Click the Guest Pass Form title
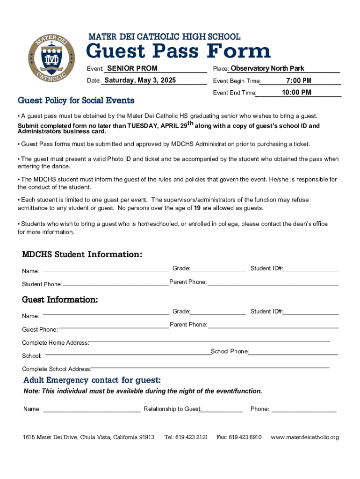click(x=179, y=51)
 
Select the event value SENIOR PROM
click(x=132, y=69)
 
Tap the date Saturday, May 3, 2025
click(x=140, y=80)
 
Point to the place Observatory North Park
click(x=267, y=69)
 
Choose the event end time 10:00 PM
click(x=296, y=93)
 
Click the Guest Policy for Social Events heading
click(x=76, y=101)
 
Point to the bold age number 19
click(x=197, y=208)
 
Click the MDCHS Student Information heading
click(x=82, y=254)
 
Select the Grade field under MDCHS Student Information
click(x=217, y=269)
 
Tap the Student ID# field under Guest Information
click(x=311, y=312)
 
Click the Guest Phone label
click(x=40, y=330)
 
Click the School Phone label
click(x=230, y=351)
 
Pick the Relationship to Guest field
click(x=222, y=409)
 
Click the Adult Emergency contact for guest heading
click(x=92, y=380)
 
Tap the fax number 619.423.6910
click(x=239, y=437)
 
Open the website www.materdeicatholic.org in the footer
click(x=305, y=437)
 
